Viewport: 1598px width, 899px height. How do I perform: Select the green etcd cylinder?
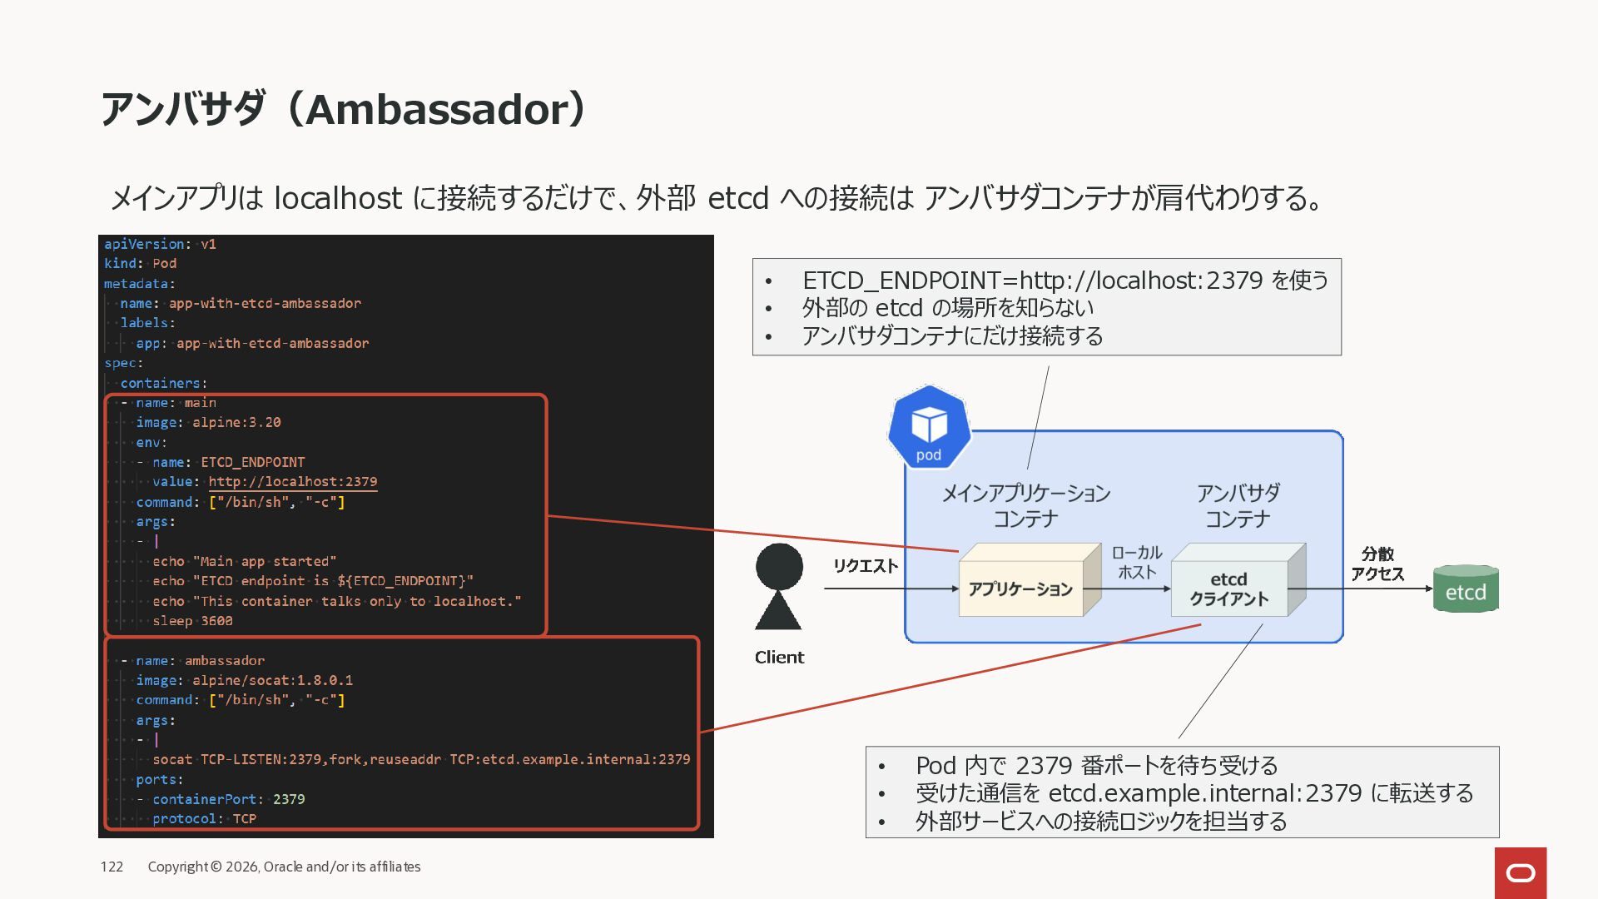(x=1466, y=589)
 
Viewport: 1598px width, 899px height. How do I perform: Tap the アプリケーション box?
(x=1020, y=589)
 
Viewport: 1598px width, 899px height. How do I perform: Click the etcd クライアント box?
(x=1228, y=589)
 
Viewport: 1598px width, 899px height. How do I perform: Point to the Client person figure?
(x=778, y=587)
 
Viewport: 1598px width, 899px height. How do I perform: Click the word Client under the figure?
(x=779, y=658)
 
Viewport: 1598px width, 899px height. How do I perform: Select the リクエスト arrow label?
(x=866, y=566)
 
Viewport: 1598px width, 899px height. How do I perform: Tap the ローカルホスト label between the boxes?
(x=1137, y=563)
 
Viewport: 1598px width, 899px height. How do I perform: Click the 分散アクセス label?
(x=1377, y=564)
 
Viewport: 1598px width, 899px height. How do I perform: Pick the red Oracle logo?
(x=1521, y=872)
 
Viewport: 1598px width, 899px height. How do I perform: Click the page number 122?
(x=112, y=867)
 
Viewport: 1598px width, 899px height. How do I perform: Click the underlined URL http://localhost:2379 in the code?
(x=292, y=482)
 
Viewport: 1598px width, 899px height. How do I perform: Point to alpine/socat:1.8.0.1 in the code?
(x=272, y=680)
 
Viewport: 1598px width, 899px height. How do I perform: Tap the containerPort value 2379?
(x=289, y=799)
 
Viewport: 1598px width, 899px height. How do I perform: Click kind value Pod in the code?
(x=165, y=264)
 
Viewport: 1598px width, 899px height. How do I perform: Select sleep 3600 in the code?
(x=192, y=621)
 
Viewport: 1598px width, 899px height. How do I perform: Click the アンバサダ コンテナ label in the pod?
(x=1238, y=505)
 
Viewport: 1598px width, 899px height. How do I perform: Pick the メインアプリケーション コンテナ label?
(x=1025, y=505)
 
